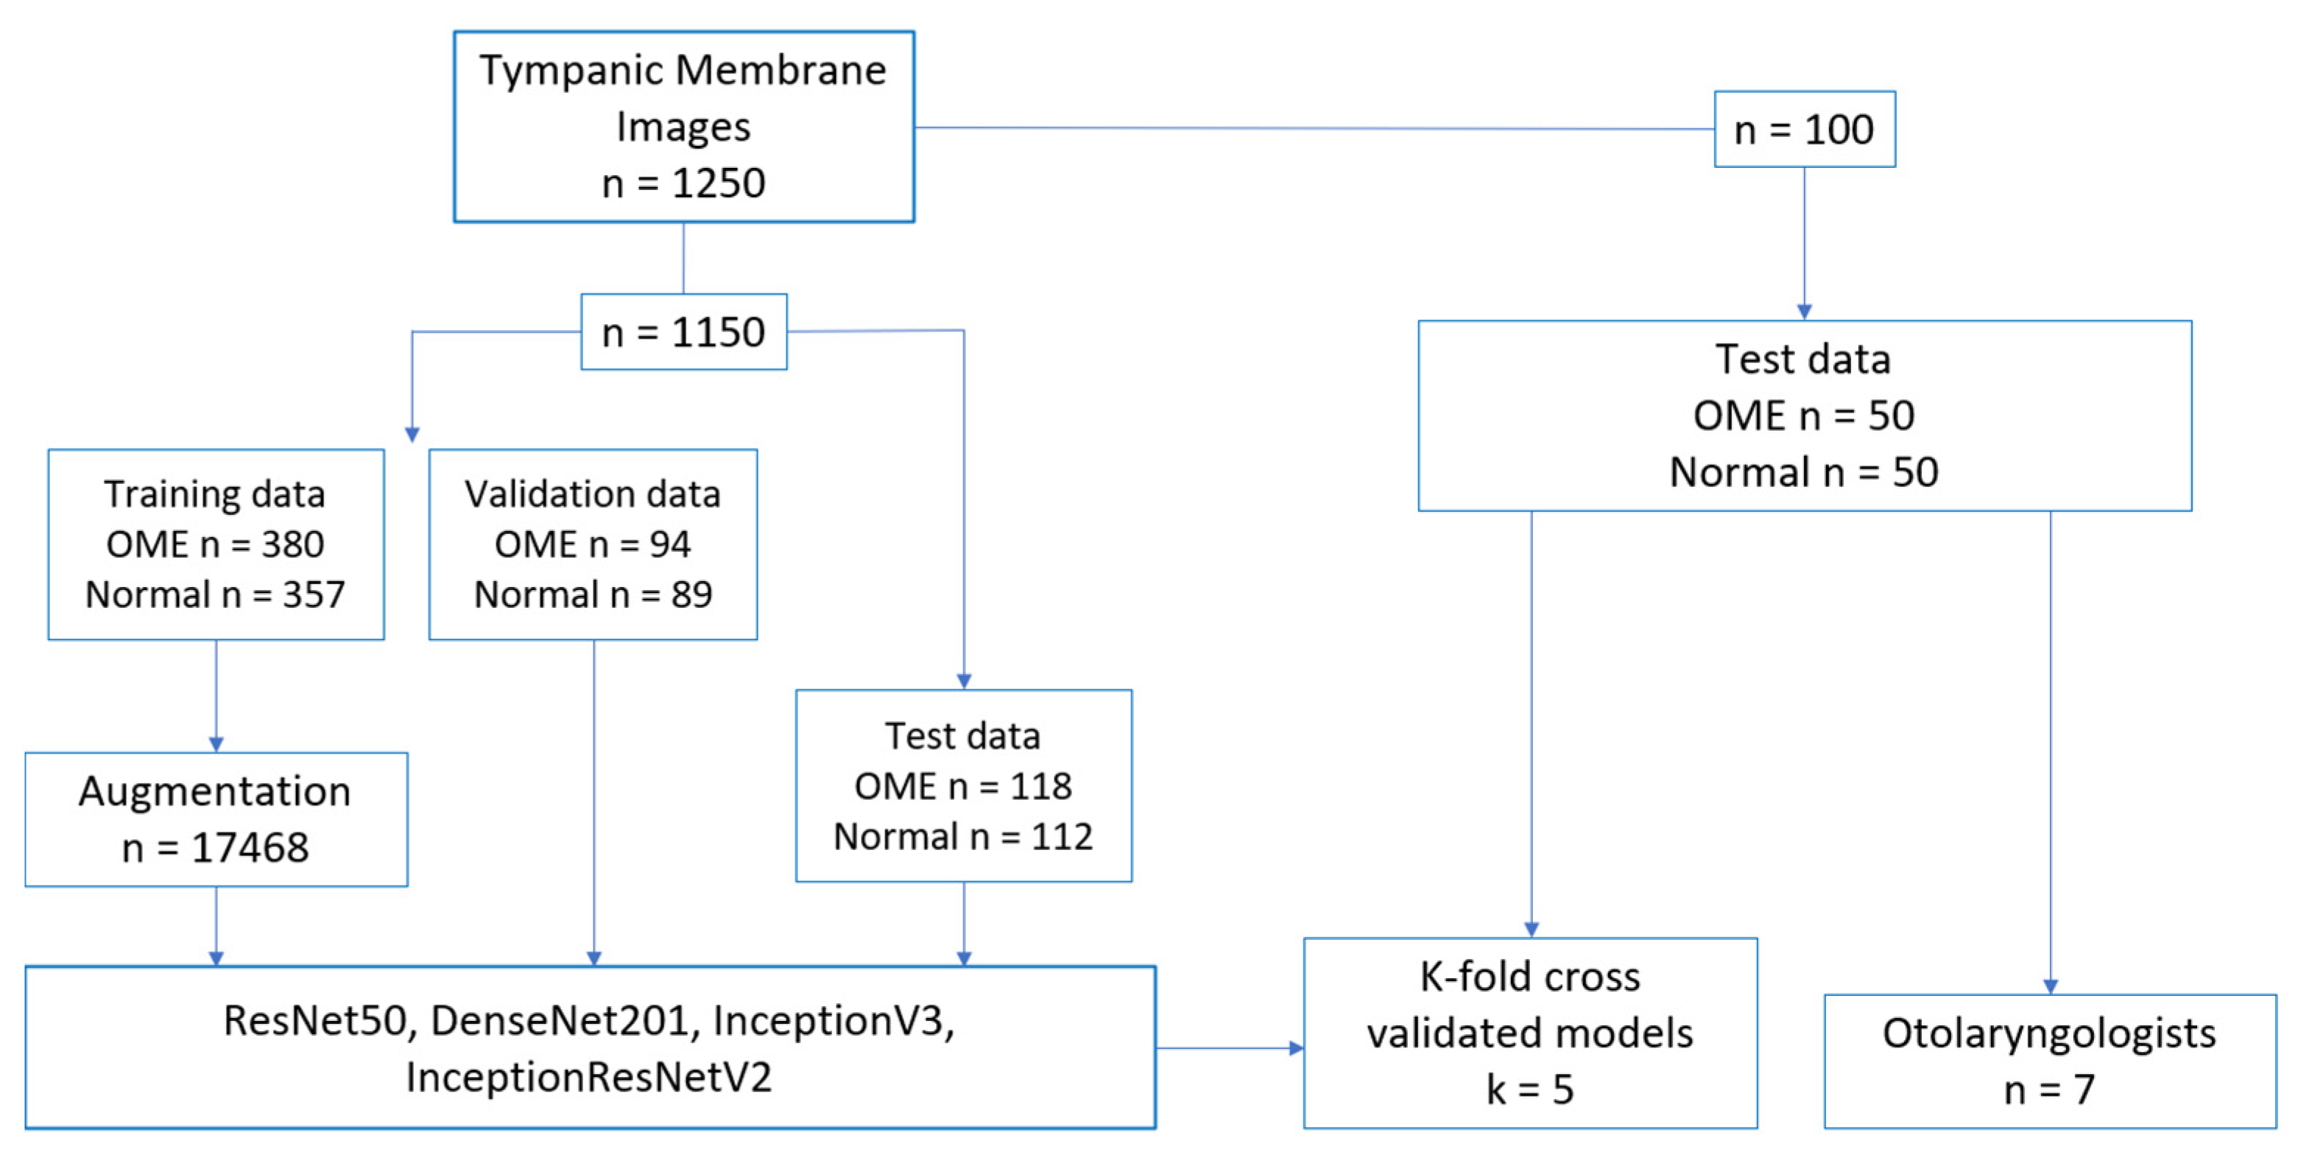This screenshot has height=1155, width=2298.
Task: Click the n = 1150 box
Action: (x=683, y=332)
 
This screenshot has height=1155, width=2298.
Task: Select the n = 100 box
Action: (x=1804, y=130)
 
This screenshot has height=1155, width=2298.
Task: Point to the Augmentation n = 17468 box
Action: (x=216, y=819)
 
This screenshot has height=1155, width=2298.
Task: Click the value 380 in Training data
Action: (x=292, y=544)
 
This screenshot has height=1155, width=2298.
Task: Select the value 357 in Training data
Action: (x=313, y=594)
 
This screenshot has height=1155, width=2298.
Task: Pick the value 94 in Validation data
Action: (x=670, y=544)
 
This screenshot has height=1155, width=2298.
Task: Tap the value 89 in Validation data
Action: (x=691, y=594)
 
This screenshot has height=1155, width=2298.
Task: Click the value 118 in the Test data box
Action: (x=1040, y=787)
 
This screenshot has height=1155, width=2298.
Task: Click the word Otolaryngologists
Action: (x=2049, y=1033)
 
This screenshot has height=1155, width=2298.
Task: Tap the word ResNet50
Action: (x=314, y=1020)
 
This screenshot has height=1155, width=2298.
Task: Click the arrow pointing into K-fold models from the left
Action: (x=1295, y=1048)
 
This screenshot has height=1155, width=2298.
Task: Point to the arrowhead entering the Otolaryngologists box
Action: (x=2050, y=986)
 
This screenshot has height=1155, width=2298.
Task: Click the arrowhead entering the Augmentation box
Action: (x=216, y=743)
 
